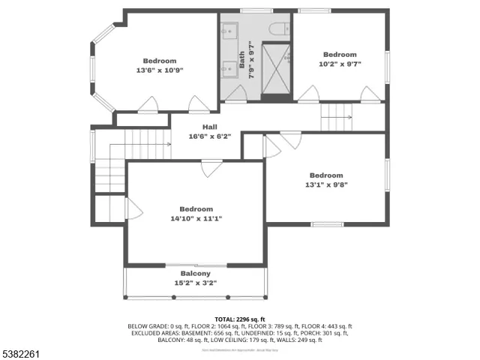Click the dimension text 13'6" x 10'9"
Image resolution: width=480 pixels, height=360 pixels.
pos(160,70)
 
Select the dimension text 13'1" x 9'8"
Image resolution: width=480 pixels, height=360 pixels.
pos(326,184)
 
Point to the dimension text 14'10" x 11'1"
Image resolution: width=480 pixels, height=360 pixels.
pos(196,218)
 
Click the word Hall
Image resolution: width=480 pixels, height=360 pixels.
pos(209,127)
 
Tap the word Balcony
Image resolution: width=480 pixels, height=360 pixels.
pos(195,274)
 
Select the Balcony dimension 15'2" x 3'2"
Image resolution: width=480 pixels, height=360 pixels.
pos(195,283)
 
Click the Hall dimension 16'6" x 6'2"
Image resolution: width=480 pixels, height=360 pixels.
pos(209,136)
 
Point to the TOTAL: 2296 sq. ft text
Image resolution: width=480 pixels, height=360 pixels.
pos(239,319)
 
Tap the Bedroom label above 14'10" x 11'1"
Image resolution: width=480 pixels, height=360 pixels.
pos(196,209)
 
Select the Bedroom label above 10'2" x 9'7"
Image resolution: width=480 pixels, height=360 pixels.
pos(340,54)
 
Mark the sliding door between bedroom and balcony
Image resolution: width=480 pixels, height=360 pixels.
pos(195,265)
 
